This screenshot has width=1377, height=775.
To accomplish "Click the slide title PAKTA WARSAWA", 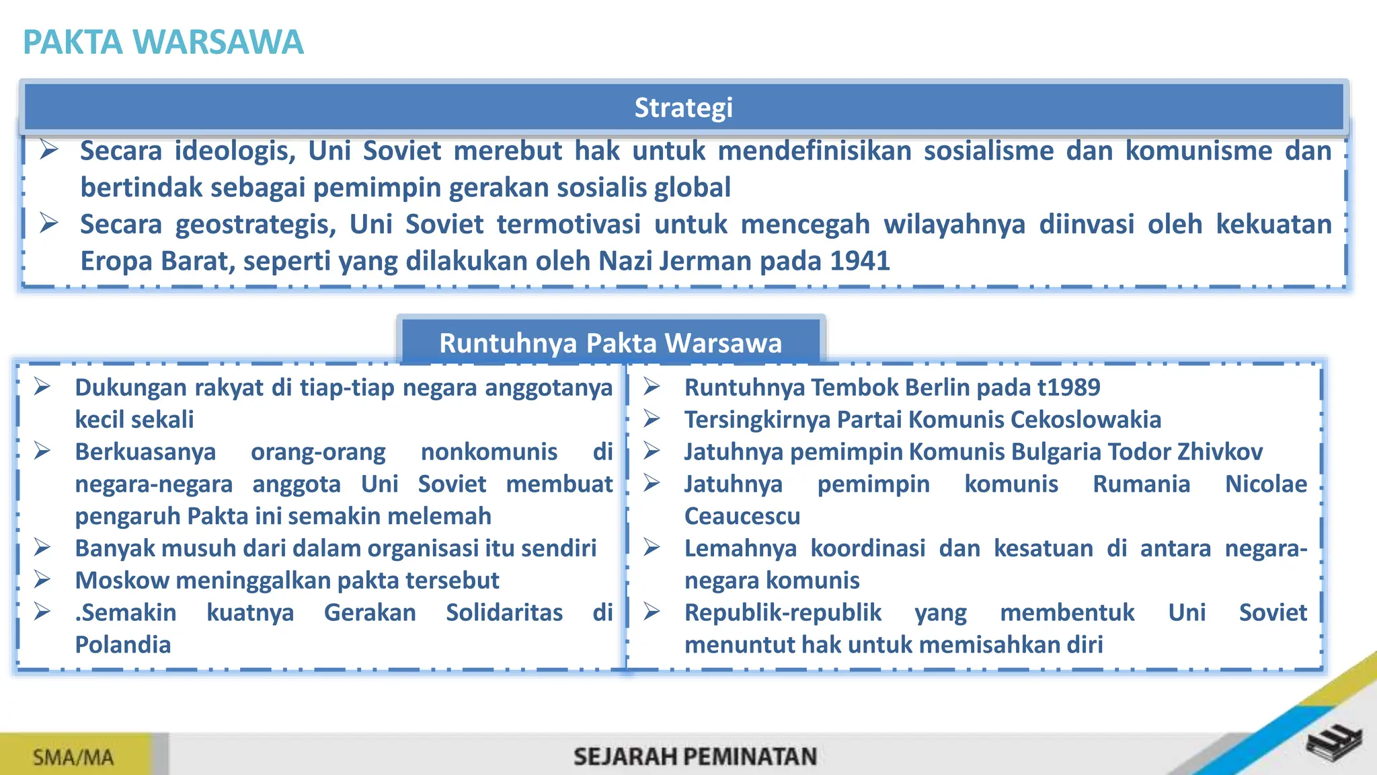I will click(163, 42).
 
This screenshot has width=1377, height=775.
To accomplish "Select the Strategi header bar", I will click(683, 108).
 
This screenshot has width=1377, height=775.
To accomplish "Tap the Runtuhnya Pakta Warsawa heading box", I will click(611, 342).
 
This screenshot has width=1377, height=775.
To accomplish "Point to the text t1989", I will click(1068, 387).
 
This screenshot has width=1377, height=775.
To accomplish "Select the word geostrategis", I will click(255, 224).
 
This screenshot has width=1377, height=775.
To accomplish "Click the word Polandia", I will click(123, 644).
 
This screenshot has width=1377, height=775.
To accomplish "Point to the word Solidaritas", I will click(504, 612).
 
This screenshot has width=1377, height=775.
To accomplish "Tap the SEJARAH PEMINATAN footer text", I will click(695, 757).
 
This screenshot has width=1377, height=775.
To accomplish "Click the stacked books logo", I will click(1334, 743).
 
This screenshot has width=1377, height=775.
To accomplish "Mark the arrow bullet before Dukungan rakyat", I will click(43, 387).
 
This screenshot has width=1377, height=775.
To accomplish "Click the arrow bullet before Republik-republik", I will click(652, 612).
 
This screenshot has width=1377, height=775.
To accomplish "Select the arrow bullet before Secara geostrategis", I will click(48, 223).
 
